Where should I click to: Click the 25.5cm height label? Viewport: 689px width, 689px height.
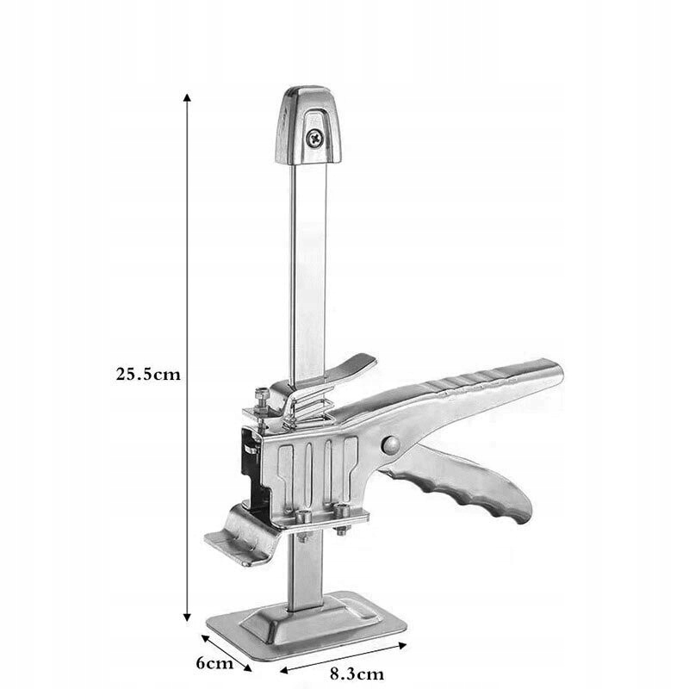click(x=148, y=375)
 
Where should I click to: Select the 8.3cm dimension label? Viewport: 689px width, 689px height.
click(x=357, y=673)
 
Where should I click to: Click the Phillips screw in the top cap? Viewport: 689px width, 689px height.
click(x=314, y=139)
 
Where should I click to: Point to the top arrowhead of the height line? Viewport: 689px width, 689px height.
click(x=187, y=97)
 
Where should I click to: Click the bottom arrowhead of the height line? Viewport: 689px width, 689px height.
click(x=187, y=618)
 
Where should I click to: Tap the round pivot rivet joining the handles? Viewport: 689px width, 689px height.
click(x=391, y=444)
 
